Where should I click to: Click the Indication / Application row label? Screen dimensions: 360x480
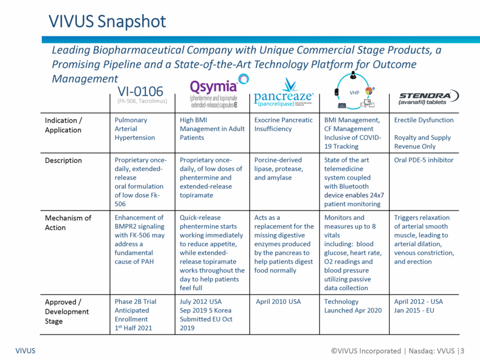coord(64,125)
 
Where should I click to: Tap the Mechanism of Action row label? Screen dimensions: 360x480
coord(68,222)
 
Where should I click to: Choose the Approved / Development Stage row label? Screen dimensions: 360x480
coord(67,311)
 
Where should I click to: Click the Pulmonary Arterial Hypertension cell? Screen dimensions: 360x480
coord(135,129)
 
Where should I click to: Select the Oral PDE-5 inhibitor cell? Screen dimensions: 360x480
coord(424,160)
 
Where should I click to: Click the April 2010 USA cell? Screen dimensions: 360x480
coord(278,302)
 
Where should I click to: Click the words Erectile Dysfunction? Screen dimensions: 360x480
coord(423,120)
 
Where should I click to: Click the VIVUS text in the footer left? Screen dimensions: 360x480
coord(25,351)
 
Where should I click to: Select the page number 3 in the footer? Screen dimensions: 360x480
coord(461,351)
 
